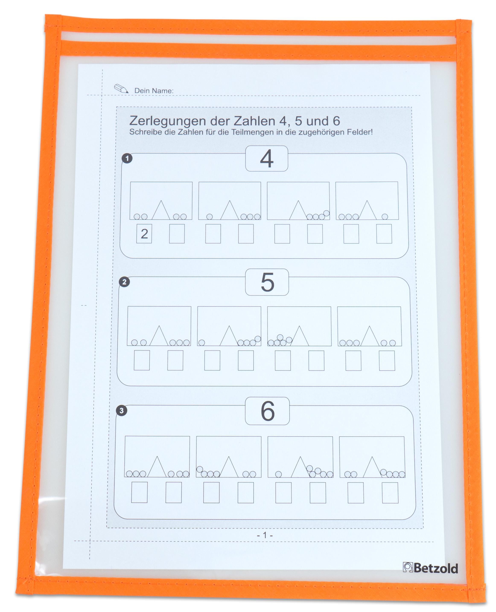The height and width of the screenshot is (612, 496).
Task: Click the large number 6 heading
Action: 268,411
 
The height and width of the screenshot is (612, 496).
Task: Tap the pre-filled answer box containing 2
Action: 144,234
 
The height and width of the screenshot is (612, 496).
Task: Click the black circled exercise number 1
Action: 127,158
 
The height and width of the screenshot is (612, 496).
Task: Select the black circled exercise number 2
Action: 124,282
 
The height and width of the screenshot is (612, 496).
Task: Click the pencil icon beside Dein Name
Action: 121,89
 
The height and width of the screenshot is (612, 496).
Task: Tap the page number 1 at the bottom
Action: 265,535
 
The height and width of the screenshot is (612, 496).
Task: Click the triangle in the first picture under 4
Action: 161,210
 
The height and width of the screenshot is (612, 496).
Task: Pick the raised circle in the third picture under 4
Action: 327,213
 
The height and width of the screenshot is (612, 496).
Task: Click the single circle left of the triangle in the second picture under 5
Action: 202,343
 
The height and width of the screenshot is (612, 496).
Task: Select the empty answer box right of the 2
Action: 177,234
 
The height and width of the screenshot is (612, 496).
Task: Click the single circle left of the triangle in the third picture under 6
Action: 278,474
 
